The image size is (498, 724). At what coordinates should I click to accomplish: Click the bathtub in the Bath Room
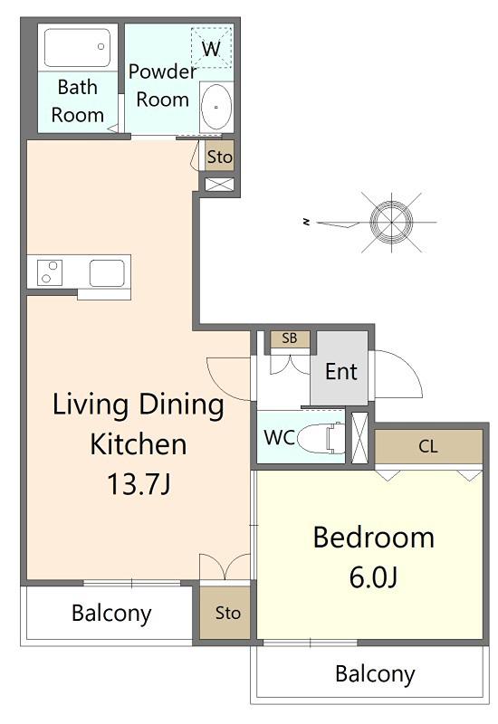[77, 47]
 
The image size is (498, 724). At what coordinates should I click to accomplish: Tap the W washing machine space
[212, 48]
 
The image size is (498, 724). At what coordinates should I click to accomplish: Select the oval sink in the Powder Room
[216, 107]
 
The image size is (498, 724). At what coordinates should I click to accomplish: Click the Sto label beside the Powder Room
[219, 157]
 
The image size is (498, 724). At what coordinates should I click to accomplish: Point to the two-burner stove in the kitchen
[50, 272]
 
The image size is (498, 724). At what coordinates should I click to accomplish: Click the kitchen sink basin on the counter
[107, 273]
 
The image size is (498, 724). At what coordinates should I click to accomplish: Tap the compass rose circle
[391, 222]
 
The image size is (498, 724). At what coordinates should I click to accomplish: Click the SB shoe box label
[290, 338]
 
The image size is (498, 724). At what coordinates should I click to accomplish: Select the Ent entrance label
[341, 371]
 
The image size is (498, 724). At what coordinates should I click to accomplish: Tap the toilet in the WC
[321, 438]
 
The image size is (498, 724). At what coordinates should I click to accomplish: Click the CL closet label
[428, 446]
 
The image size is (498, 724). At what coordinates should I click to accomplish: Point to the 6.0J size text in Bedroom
[373, 577]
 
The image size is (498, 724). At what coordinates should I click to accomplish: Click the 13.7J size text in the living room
[139, 483]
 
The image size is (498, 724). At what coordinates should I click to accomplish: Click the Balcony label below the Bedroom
[375, 673]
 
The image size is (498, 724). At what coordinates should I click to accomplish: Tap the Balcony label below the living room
[111, 614]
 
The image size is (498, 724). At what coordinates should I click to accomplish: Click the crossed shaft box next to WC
[359, 438]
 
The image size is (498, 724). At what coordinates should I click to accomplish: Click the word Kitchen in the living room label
[139, 443]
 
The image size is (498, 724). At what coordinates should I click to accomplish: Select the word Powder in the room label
[162, 71]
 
